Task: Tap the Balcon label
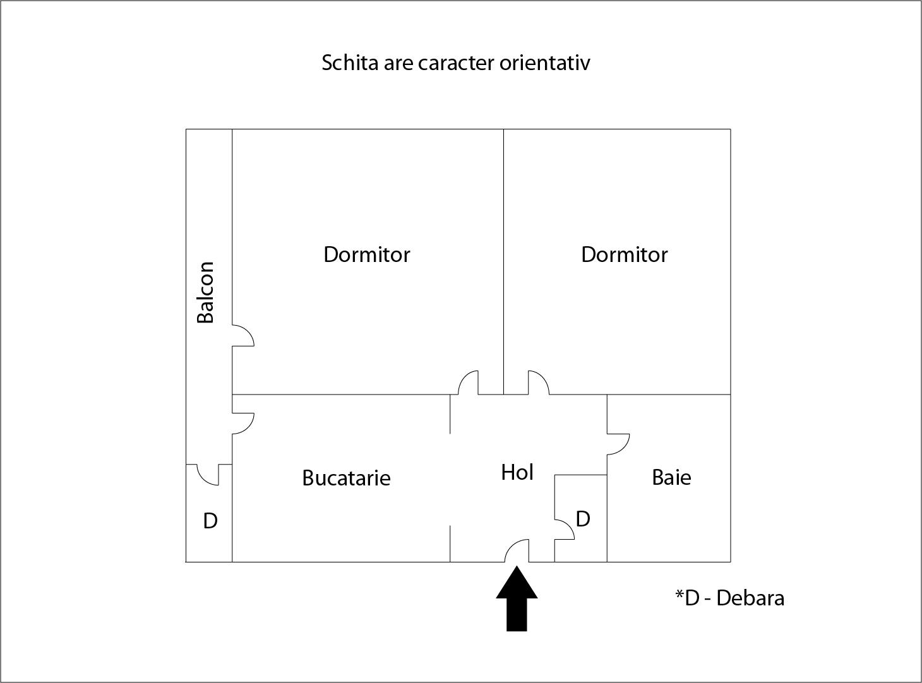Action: coord(206,292)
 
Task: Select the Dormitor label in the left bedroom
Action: coord(366,254)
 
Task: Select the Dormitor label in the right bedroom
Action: coord(624,254)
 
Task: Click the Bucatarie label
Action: coord(346,478)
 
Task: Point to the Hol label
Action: coord(517,472)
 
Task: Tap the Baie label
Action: coord(671,477)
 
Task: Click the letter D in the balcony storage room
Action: coord(210,521)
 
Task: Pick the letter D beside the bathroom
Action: coord(583,519)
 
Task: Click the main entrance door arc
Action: coord(517,550)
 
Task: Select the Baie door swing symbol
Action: coord(618,444)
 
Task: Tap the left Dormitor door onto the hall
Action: coord(468,383)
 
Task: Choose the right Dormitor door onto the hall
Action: coord(538,383)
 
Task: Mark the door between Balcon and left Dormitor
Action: coord(243,336)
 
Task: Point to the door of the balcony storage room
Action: coord(208,475)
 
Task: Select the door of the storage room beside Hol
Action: coord(565,529)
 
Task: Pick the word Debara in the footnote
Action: coord(750,598)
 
